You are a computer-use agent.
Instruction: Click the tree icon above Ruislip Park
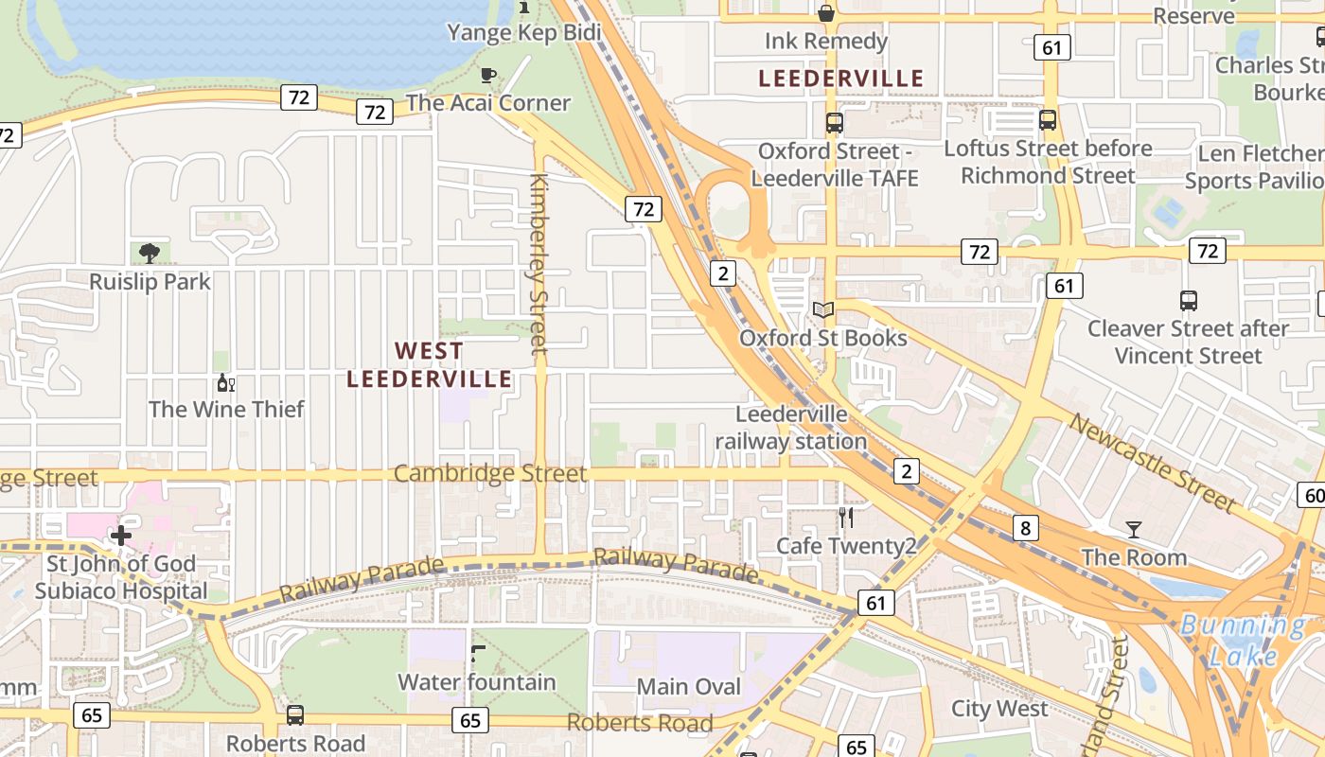tap(149, 253)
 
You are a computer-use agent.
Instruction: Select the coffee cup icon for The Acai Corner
tap(488, 75)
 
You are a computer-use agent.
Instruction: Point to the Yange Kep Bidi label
tap(523, 33)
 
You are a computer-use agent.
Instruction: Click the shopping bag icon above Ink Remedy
tap(825, 13)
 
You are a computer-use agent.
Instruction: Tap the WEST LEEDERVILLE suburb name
tap(430, 365)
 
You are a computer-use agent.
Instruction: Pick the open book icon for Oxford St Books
tap(823, 309)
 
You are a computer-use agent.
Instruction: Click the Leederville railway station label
tap(791, 428)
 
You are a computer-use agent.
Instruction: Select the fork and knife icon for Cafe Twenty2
tap(846, 518)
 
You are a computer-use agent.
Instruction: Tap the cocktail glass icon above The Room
tap(1134, 529)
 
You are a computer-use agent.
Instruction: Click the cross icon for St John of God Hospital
tap(121, 537)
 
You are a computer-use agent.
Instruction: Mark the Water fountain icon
tap(478, 653)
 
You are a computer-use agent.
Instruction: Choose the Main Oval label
tap(689, 686)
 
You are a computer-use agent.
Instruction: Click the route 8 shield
tap(1025, 528)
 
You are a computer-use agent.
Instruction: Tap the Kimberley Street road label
tap(539, 265)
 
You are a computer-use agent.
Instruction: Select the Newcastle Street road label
tap(1151, 463)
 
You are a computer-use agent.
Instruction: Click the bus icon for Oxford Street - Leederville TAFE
tap(834, 122)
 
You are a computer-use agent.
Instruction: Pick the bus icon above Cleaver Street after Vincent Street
tap(1189, 301)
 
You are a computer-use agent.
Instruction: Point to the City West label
tap(999, 709)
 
